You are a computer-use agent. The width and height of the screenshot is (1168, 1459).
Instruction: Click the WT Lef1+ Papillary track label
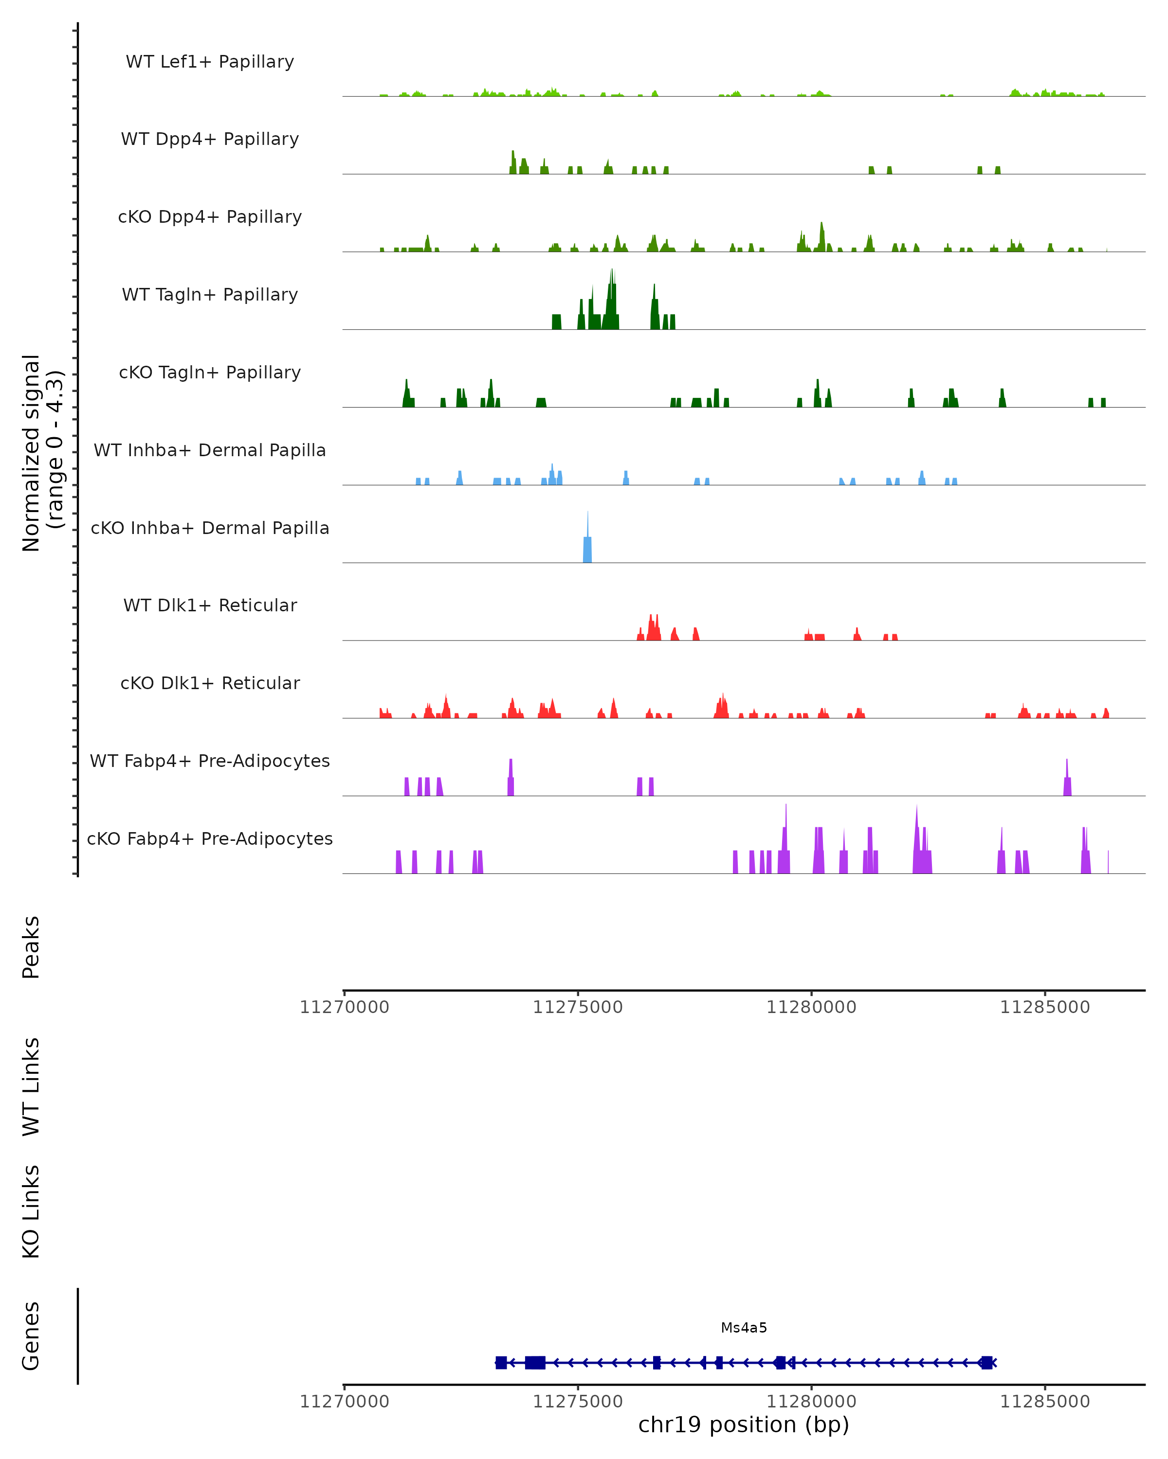(x=210, y=62)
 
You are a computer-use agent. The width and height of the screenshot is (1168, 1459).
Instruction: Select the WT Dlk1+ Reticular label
(x=210, y=605)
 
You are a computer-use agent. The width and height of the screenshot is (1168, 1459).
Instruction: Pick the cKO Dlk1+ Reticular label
(x=210, y=683)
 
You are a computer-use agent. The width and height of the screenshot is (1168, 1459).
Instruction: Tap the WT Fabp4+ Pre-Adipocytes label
(x=210, y=761)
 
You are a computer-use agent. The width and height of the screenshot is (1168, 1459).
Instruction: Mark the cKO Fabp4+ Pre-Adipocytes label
(x=210, y=838)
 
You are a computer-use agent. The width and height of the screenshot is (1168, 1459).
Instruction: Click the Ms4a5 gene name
(x=744, y=1328)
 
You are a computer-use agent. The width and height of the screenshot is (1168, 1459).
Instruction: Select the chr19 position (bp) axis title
(x=744, y=1424)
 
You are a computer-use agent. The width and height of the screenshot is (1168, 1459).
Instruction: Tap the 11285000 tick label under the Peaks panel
(x=1045, y=1007)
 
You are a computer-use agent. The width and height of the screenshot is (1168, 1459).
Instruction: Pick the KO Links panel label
(x=31, y=1211)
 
